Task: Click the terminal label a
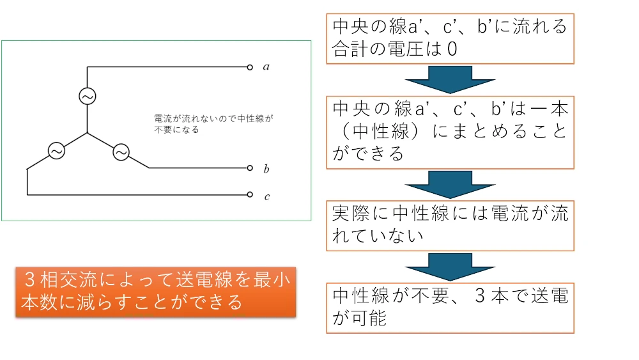pyautogui.click(x=266, y=67)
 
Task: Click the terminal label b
pyautogui.click(x=266, y=169)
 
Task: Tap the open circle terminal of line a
pyautogui.click(x=250, y=67)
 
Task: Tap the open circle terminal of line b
pyautogui.click(x=250, y=168)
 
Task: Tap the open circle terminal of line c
pyautogui.click(x=250, y=194)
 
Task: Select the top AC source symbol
pyautogui.click(x=87, y=96)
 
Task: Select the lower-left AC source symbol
pyautogui.click(x=56, y=152)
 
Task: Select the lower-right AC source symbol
pyautogui.click(x=120, y=152)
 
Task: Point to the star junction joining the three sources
pyautogui.click(x=87, y=133)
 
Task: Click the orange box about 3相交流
pyautogui.click(x=155, y=291)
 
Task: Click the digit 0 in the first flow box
pyautogui.click(x=452, y=49)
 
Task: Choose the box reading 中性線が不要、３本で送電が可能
pyautogui.click(x=450, y=307)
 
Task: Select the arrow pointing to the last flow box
pyautogui.click(x=450, y=266)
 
